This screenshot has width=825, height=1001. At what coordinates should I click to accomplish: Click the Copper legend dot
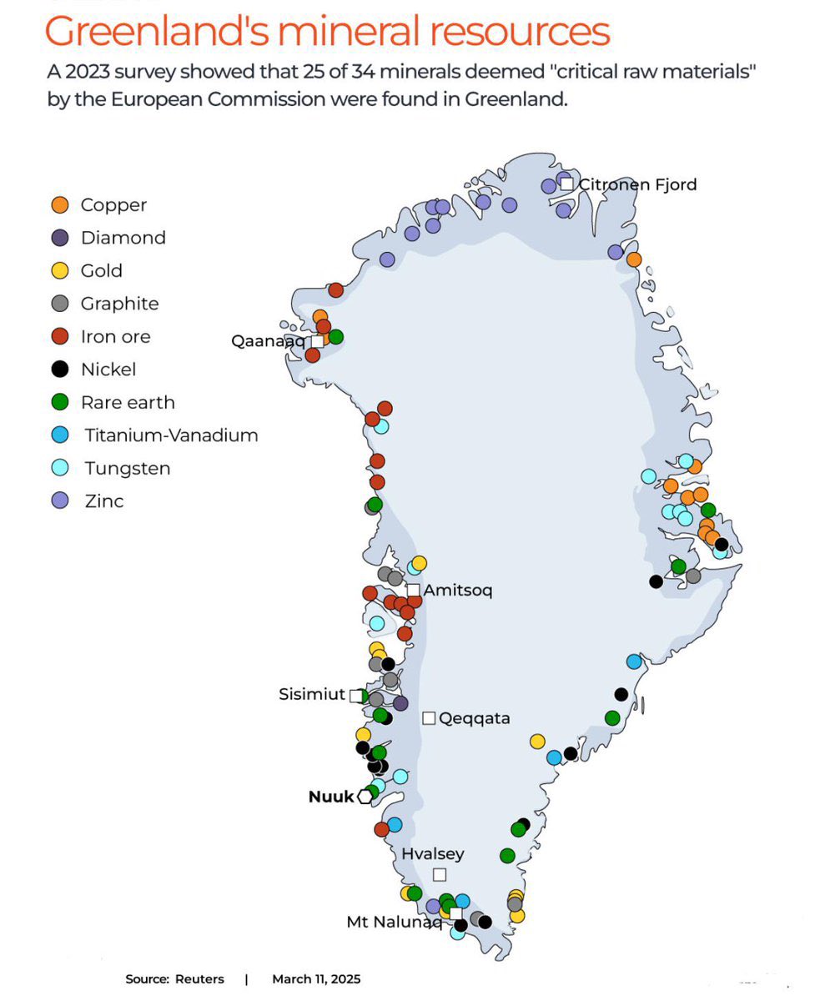point(60,205)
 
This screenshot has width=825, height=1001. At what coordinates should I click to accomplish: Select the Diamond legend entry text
point(123,238)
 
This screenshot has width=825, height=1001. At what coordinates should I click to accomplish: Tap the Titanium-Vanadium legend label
point(171,435)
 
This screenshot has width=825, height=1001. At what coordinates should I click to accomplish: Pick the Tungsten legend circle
point(60,468)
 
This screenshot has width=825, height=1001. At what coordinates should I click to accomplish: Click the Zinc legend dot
point(60,501)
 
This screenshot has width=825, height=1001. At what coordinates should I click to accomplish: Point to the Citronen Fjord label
point(637,184)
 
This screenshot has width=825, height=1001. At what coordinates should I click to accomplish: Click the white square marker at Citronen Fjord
point(567,184)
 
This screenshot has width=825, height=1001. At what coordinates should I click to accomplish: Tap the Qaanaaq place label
point(268,340)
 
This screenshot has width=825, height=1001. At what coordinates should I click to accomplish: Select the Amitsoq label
point(458,591)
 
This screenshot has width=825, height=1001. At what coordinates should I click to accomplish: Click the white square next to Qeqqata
point(429,718)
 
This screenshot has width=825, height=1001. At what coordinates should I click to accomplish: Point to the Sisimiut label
point(312,694)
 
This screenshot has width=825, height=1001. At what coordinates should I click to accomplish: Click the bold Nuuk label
point(331,797)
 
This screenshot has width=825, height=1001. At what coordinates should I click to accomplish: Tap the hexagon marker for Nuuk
point(365,797)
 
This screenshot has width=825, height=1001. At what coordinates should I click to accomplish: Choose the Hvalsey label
point(432,854)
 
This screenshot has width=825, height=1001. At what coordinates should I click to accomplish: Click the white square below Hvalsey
point(440,874)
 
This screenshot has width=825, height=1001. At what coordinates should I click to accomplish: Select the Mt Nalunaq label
point(394,922)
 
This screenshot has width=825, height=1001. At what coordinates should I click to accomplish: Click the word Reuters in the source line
point(199,978)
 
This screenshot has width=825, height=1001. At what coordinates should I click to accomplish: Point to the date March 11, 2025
point(316,978)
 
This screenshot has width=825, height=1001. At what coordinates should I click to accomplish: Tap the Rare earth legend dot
point(60,402)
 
